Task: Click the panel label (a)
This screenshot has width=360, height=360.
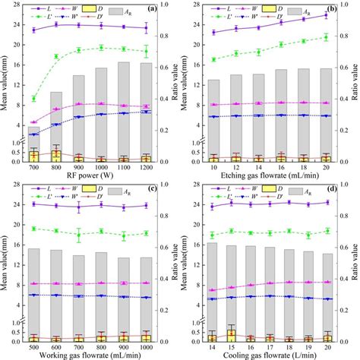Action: (x=152, y=10)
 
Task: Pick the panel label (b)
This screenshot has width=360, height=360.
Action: (x=331, y=10)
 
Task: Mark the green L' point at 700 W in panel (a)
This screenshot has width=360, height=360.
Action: (x=33, y=99)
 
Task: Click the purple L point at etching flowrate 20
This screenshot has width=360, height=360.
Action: (x=326, y=15)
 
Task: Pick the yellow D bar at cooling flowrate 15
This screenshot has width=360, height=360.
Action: (x=231, y=335)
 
